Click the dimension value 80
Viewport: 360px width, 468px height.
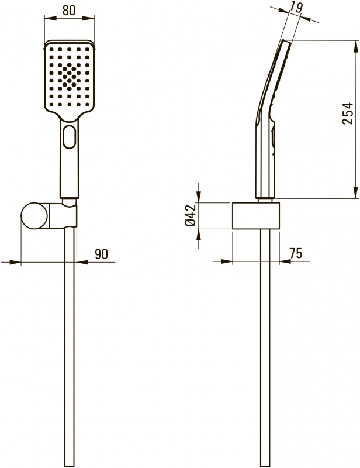click(69, 10)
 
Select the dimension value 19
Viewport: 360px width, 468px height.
click(296, 7)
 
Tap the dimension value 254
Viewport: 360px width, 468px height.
click(348, 113)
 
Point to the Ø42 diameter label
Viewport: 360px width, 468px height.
click(191, 215)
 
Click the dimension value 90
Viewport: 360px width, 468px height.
click(102, 254)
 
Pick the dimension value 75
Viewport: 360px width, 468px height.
click(296, 253)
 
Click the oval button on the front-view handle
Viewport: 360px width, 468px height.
click(69, 137)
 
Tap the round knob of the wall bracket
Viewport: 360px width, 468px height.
click(34, 216)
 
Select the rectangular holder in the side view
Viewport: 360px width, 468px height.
click(256, 216)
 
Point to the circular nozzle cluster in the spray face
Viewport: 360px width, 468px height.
click(69, 77)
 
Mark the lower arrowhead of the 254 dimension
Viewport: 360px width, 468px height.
click(356, 192)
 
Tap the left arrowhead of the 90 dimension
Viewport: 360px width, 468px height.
click(15, 262)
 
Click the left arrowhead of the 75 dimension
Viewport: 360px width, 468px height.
click(226, 261)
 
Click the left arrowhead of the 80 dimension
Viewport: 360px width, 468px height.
click(50, 18)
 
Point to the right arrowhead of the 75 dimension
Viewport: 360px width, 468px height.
click(285, 261)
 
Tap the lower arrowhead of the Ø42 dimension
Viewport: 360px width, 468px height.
click(199, 235)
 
